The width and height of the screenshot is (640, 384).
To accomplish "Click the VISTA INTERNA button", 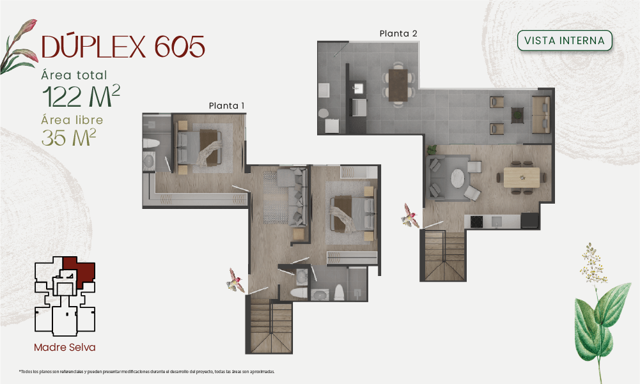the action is tap(565, 40).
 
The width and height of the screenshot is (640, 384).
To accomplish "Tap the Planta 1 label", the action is tap(226, 105).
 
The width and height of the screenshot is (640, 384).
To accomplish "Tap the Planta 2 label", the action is tap(398, 33).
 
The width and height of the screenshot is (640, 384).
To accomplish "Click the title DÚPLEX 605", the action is tap(123, 46).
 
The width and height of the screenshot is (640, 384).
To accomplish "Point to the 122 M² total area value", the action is tap(81, 96).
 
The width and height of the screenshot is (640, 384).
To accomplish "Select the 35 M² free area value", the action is tap(68, 137).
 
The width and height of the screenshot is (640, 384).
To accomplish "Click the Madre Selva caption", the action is tap(65, 348).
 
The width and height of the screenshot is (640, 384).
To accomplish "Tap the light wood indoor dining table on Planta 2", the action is tap(522, 178).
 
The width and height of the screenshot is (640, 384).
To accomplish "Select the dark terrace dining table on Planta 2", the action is tap(398, 85).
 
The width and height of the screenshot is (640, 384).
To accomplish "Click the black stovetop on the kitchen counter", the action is tap(476, 222).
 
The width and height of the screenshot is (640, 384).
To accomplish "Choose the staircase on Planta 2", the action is tap(443, 256).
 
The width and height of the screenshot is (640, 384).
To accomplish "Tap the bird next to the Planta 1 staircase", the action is tap(236, 280).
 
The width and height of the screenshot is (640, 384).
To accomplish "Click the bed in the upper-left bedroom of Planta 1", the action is tap(199, 148).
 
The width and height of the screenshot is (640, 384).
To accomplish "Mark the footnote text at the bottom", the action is tap(147, 372).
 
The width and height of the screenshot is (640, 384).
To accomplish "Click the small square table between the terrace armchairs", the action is tap(517, 115).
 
